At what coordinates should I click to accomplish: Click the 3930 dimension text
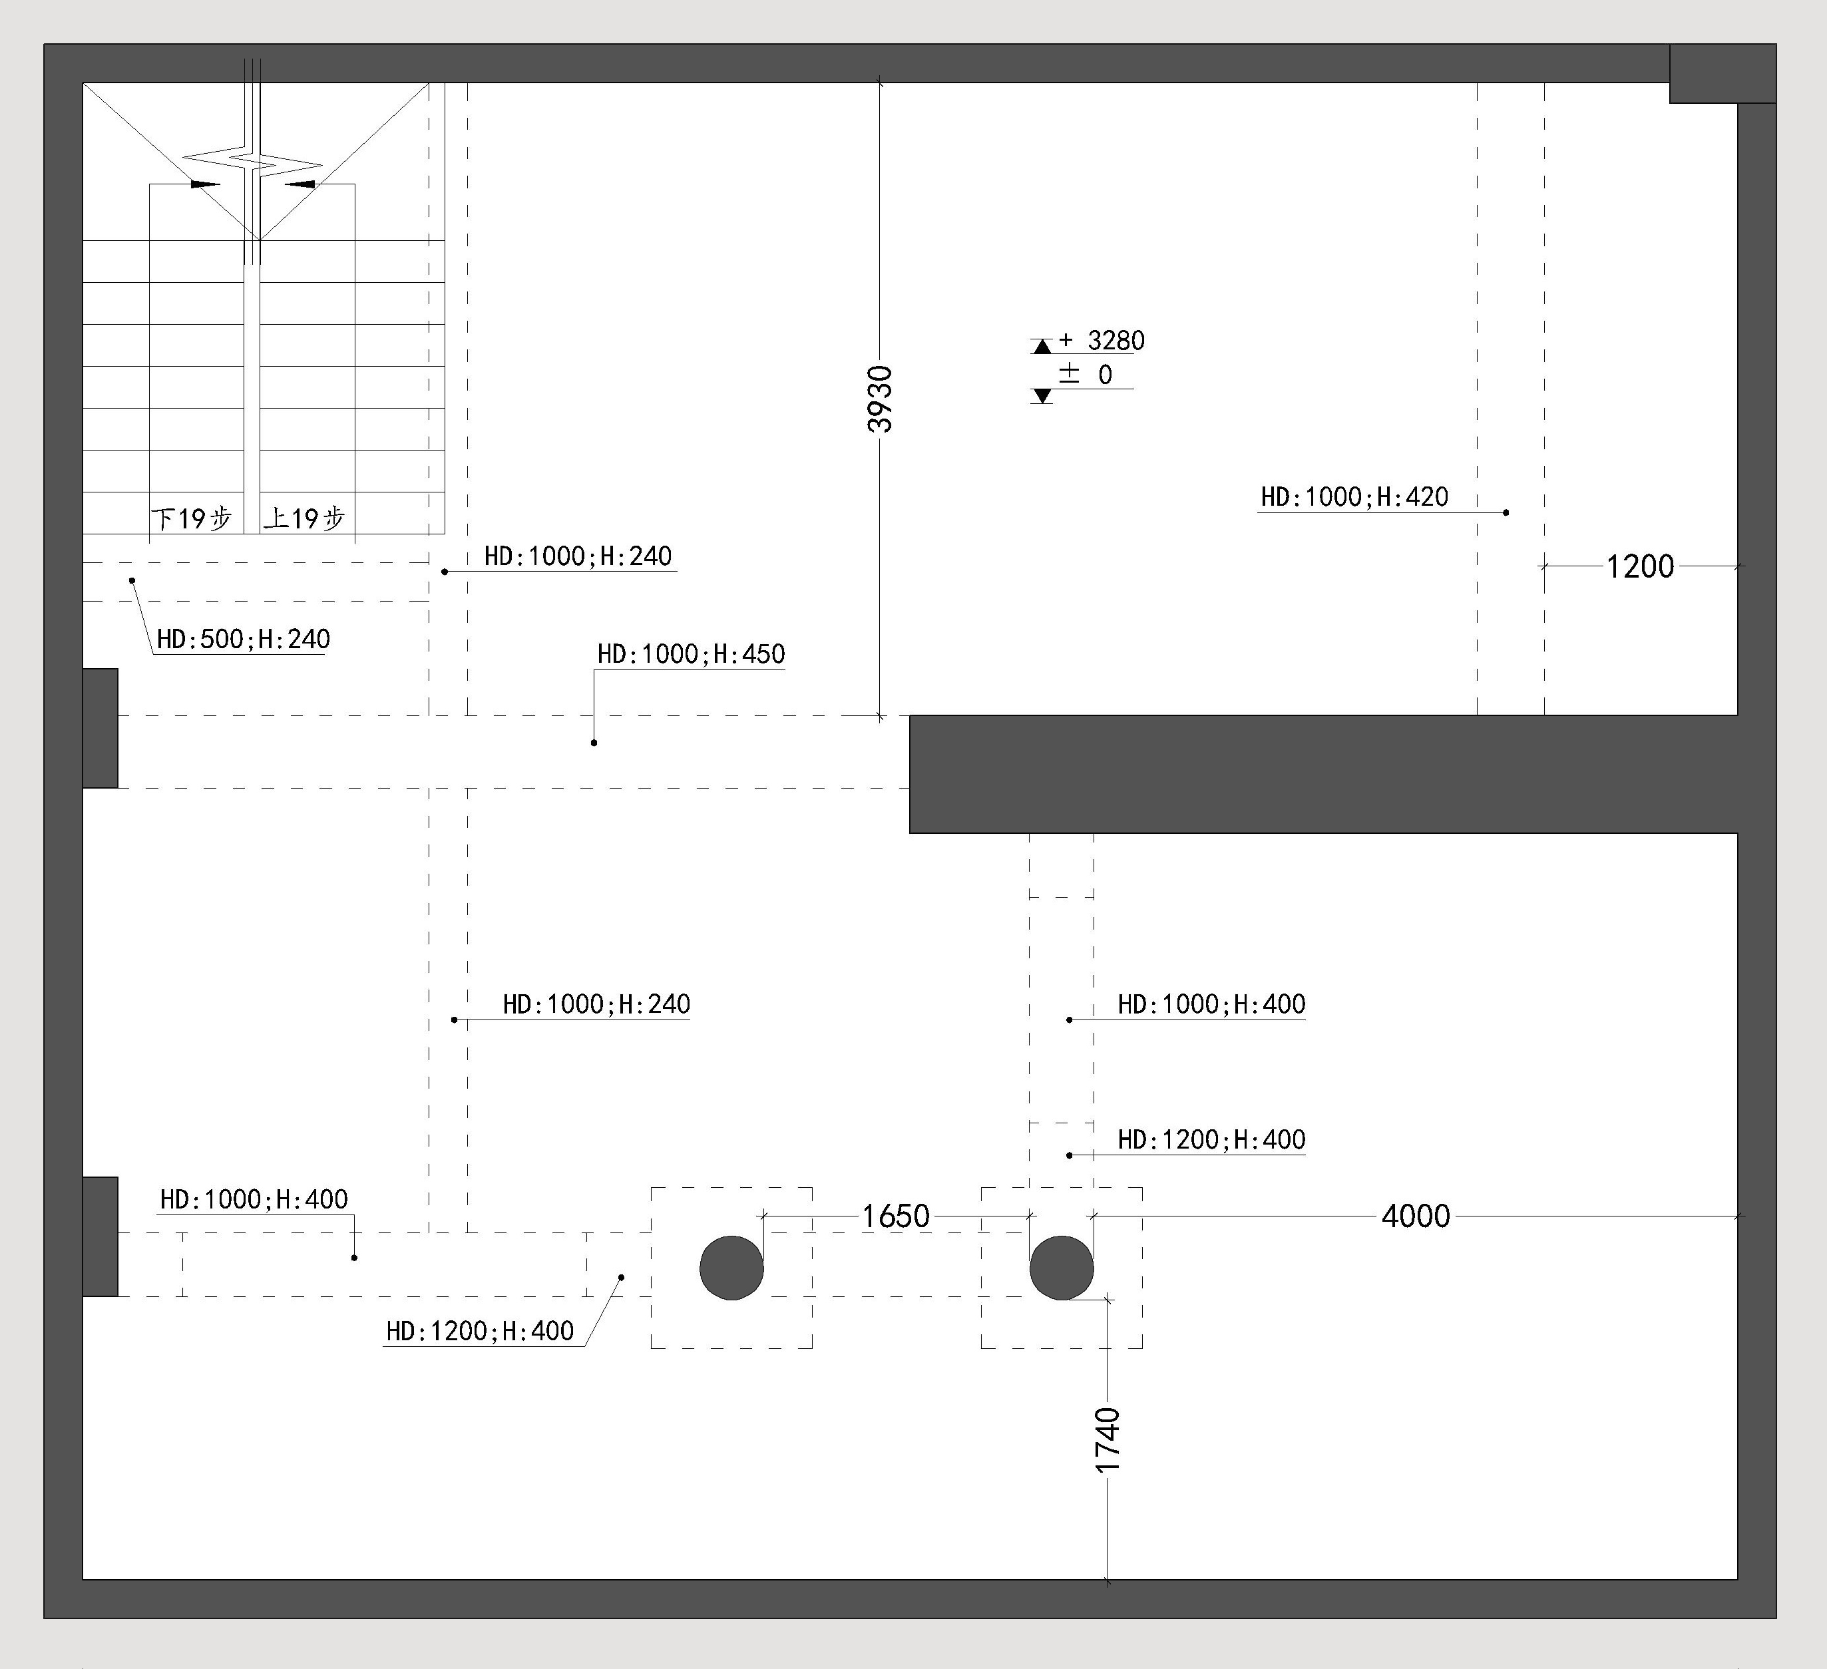pos(880,399)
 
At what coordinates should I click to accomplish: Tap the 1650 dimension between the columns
pos(895,1215)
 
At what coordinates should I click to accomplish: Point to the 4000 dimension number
pos(1416,1215)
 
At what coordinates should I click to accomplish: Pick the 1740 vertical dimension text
pos(1108,1440)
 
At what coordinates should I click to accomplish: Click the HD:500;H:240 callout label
pos(243,639)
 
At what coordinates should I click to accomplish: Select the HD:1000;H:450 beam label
pos(691,653)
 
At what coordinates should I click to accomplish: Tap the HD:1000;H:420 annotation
pos(1354,496)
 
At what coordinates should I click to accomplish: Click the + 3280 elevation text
pos(1101,341)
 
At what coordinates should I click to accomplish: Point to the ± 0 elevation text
pos(1086,374)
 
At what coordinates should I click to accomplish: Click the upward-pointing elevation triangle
pos(1042,346)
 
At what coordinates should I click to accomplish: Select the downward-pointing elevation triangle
pos(1042,396)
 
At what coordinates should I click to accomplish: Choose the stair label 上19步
pos(305,518)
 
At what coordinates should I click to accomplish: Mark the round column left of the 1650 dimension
pos(731,1268)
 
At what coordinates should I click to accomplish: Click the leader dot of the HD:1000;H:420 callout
pos(1506,513)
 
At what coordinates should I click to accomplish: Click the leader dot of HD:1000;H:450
pos(594,743)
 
